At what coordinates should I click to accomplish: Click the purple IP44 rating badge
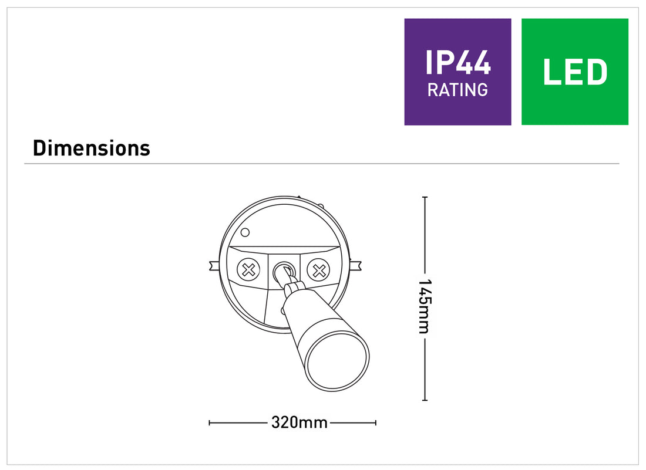point(457,72)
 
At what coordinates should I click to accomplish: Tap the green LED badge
point(575,72)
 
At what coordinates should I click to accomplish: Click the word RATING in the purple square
point(457,90)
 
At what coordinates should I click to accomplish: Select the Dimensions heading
point(92,148)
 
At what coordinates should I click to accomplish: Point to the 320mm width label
point(299,422)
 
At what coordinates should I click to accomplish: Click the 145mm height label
point(425,306)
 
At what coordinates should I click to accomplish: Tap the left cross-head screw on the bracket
point(248,270)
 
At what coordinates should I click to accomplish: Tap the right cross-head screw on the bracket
point(318,270)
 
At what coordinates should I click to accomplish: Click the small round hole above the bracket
point(245,232)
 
